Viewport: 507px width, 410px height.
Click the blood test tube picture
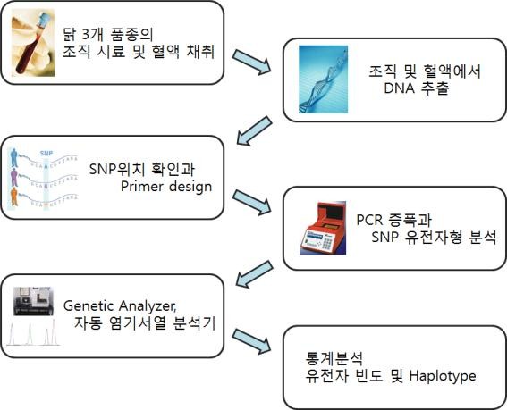(x=33, y=43)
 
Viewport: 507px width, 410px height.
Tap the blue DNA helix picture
(x=324, y=79)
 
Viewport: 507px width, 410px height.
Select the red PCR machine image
(x=323, y=228)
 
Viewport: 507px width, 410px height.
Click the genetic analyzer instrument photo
(x=33, y=301)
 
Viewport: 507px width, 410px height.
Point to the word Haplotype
(x=443, y=376)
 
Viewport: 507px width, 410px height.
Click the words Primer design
(x=166, y=187)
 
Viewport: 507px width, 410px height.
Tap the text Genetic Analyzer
(x=120, y=305)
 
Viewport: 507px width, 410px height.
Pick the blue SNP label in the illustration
(x=46, y=153)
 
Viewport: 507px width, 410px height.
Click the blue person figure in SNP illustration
(x=13, y=158)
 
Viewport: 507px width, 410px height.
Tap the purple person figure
(x=14, y=178)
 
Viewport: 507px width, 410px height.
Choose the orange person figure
(x=14, y=197)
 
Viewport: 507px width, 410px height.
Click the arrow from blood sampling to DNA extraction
(x=251, y=62)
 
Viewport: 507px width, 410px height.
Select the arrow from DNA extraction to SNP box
(x=254, y=130)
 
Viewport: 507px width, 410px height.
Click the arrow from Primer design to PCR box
(x=251, y=202)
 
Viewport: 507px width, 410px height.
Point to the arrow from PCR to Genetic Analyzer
(x=254, y=274)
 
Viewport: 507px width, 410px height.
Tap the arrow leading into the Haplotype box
(x=251, y=341)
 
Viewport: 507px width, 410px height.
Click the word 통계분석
(x=334, y=358)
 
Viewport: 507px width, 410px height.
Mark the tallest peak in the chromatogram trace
(x=54, y=332)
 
